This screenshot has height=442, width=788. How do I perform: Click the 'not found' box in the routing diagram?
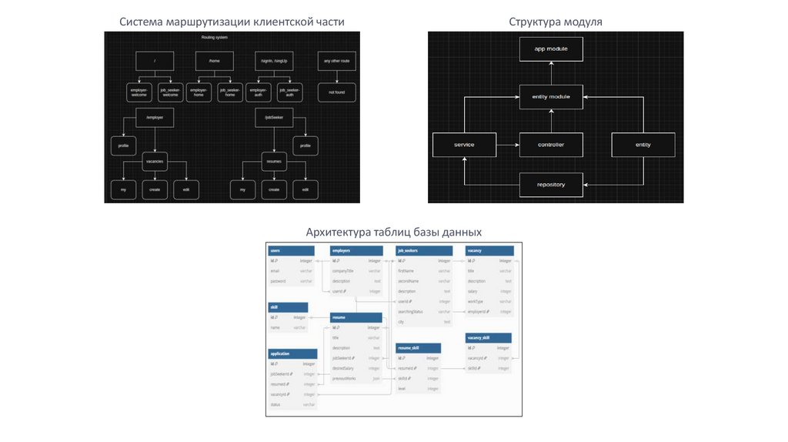(x=336, y=92)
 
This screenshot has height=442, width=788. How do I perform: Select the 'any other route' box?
(x=336, y=62)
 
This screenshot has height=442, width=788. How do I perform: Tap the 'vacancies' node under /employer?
(x=155, y=161)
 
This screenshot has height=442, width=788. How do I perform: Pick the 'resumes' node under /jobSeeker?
(x=275, y=161)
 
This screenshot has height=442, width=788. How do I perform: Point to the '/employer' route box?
(x=155, y=117)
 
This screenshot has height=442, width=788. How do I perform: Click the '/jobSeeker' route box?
(x=275, y=117)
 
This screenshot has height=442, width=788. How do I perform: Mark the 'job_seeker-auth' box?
(x=289, y=92)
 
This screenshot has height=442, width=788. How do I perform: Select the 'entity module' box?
(x=550, y=97)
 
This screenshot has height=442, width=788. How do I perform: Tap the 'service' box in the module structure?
(x=464, y=145)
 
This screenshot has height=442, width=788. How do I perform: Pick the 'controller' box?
(x=550, y=145)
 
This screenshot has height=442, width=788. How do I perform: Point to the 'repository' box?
(x=550, y=185)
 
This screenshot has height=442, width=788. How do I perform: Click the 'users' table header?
(x=291, y=251)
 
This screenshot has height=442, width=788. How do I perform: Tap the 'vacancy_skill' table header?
(x=489, y=338)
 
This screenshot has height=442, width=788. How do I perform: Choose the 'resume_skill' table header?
(x=418, y=348)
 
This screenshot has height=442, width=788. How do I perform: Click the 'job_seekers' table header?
(x=422, y=251)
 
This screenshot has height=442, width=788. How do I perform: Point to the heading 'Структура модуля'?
(x=555, y=22)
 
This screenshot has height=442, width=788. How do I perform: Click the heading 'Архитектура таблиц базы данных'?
(x=393, y=232)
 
